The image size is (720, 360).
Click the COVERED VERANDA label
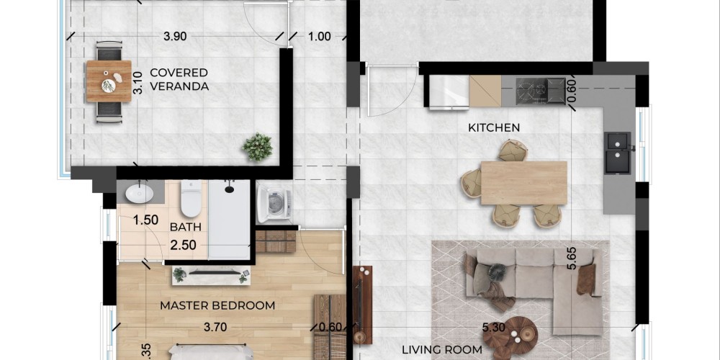[x=179, y=79]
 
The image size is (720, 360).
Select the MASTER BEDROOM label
[x=217, y=305]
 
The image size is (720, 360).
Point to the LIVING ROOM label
[x=442, y=350]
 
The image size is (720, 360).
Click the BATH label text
[x=186, y=227]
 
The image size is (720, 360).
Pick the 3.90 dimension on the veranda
[x=175, y=37]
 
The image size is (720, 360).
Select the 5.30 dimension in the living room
[x=494, y=328]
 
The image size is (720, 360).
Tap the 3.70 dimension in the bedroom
[x=215, y=328]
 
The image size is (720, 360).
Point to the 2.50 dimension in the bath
[x=183, y=246]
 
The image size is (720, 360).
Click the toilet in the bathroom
[x=189, y=198]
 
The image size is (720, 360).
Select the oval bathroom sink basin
[x=139, y=193]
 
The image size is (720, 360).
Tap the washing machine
[x=274, y=202]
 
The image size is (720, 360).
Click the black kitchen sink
[x=618, y=153]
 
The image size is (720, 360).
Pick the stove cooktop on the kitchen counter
[x=541, y=91]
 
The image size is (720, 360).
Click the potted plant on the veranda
[x=258, y=147]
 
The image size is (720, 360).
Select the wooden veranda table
[x=109, y=81]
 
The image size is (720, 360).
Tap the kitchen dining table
[x=524, y=183]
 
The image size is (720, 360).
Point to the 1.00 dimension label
[x=319, y=37]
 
